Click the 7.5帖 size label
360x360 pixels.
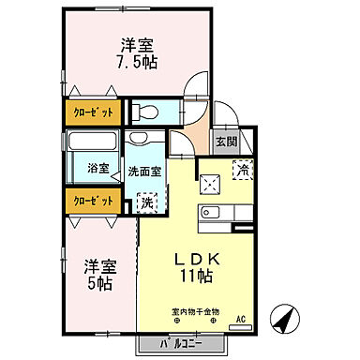point(136,64)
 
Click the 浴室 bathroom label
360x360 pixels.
point(98,168)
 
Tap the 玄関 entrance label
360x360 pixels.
point(226,142)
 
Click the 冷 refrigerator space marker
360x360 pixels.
point(242,172)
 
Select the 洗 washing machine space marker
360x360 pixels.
point(148,200)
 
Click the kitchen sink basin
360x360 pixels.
point(211,210)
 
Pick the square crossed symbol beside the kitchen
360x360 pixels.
point(207,182)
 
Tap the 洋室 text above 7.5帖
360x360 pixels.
point(137,45)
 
